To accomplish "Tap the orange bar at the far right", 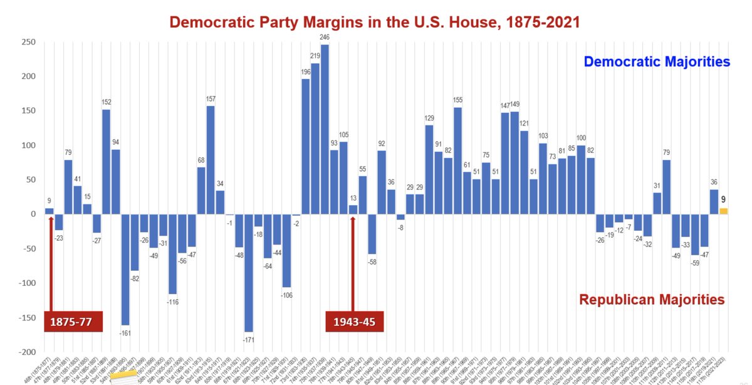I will (723, 211).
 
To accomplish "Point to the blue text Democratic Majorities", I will (657, 62).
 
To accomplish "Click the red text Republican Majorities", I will (652, 299).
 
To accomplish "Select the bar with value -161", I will (125, 269).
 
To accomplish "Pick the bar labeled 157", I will (211, 160).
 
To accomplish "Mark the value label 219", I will (315, 56).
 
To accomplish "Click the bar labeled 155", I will (457, 161).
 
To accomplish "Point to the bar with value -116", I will (172, 254).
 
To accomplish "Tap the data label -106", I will (286, 295).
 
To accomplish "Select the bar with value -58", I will (372, 234).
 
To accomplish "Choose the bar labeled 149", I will (514, 162).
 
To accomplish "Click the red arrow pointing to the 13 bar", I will (353, 263).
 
